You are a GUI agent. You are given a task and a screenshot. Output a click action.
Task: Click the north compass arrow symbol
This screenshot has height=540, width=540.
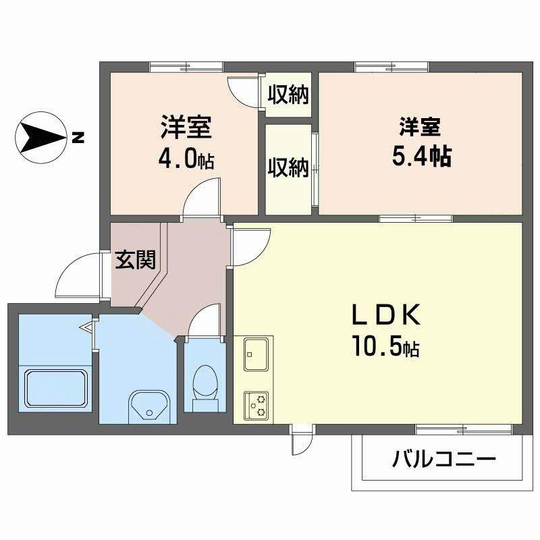click(40, 138)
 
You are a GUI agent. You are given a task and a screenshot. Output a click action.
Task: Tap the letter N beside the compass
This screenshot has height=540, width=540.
click(78, 138)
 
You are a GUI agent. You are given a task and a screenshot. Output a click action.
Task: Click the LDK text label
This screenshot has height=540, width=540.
click(385, 315)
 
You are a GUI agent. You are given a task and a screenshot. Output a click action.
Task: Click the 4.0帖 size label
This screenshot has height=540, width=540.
click(186, 159)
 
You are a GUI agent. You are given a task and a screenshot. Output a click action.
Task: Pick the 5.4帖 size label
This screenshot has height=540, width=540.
click(422, 156)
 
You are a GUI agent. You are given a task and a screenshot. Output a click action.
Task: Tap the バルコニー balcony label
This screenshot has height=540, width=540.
click(444, 458)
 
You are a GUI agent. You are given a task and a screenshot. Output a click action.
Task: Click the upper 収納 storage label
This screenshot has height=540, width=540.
click(288, 94)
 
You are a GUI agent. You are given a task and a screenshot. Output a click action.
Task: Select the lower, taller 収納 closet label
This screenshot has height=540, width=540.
click(288, 167)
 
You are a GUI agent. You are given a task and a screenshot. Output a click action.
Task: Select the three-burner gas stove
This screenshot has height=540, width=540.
click(256, 406)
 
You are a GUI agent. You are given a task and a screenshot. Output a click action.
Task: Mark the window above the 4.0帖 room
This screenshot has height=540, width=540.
click(186, 67)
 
